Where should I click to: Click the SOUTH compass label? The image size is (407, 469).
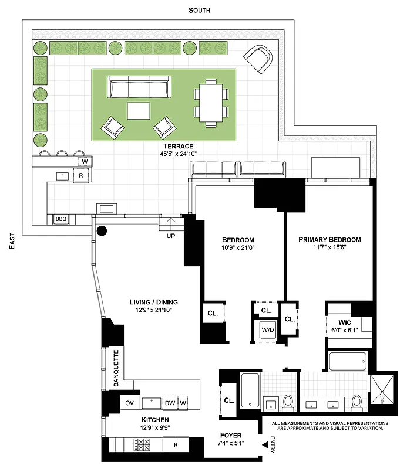pyautogui.click(x=199, y=11)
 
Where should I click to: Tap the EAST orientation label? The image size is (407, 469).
pyautogui.click(x=12, y=240)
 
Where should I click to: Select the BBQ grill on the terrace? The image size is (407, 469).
pyautogui.click(x=61, y=219)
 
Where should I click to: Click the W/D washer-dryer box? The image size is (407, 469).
pyautogui.click(x=268, y=331)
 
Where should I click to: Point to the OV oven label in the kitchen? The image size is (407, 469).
pyautogui.click(x=130, y=403)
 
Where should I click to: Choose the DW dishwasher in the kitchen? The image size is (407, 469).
pyautogui.click(x=170, y=403)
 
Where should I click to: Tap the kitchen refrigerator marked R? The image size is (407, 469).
pyautogui.click(x=175, y=445)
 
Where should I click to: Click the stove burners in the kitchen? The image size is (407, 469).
pyautogui.click(x=142, y=446)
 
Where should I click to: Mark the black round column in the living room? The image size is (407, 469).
pyautogui.click(x=102, y=230)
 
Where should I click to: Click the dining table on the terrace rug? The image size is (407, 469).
pyautogui.click(x=210, y=103)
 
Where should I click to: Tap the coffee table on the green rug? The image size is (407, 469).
pyautogui.click(x=139, y=111)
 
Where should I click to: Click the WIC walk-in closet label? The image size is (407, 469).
pyautogui.click(x=343, y=322)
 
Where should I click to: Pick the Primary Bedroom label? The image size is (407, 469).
pyautogui.click(x=329, y=240)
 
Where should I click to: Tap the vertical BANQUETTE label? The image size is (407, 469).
pyautogui.click(x=116, y=368)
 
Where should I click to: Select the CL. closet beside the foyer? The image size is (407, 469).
pyautogui.click(x=229, y=401)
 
